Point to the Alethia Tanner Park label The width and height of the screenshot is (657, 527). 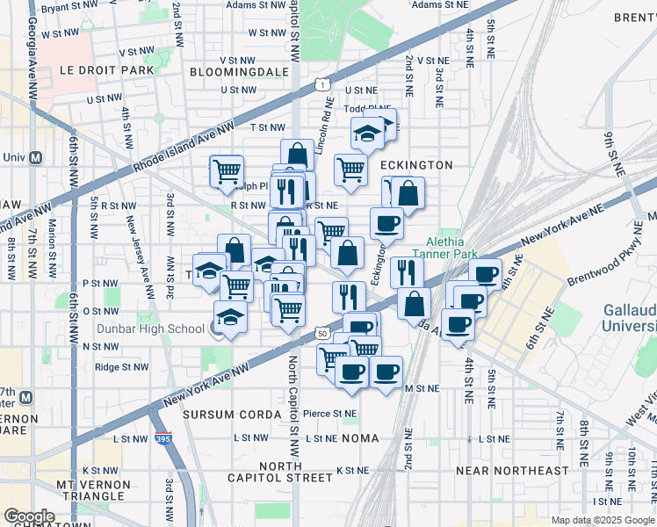pyautogui.click(x=448, y=249)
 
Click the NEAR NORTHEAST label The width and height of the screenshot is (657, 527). pyautogui.click(x=512, y=471)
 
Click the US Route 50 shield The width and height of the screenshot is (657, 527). pyautogui.click(x=323, y=334)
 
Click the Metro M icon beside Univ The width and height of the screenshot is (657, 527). pyautogui.click(x=36, y=158)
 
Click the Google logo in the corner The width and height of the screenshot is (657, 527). pyautogui.click(x=28, y=516)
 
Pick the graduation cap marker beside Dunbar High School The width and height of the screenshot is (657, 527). pyautogui.click(x=230, y=317)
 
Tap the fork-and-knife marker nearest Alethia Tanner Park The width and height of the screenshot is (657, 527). pyautogui.click(x=406, y=271)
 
